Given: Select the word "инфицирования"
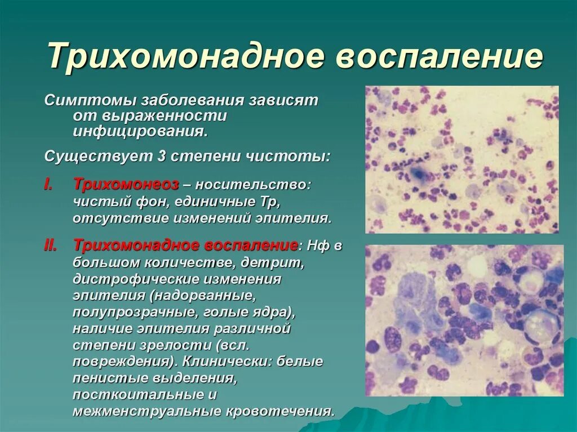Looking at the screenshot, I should [x=139, y=132].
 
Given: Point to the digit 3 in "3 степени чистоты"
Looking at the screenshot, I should [x=161, y=156].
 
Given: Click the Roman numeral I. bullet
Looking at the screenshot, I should [x=49, y=185].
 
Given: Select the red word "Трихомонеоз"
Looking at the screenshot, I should [x=126, y=185].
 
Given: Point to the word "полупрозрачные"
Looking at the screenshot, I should [x=120, y=311].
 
